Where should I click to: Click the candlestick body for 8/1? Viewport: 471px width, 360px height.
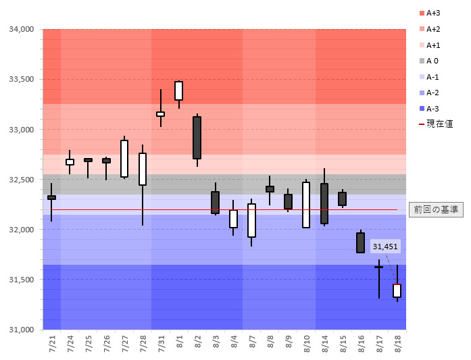click(x=178, y=91)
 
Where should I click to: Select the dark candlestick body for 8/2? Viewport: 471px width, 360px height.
click(x=197, y=138)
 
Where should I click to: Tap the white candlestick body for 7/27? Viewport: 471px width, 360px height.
click(x=124, y=159)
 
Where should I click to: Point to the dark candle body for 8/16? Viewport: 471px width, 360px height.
click(x=360, y=242)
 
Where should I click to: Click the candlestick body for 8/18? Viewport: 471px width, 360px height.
click(x=397, y=290)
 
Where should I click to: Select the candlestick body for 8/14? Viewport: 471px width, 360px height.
click(x=324, y=203)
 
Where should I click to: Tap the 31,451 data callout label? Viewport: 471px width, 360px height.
click(x=385, y=247)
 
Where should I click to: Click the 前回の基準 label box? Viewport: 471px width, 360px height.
click(x=436, y=209)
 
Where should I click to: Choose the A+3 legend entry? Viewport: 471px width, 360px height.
click(x=431, y=13)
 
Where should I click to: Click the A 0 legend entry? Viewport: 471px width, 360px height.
click(x=431, y=61)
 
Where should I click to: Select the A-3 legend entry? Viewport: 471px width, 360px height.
click(x=431, y=109)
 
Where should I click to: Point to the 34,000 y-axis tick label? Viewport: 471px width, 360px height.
click(x=22, y=30)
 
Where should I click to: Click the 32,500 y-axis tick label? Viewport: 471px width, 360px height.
click(x=22, y=180)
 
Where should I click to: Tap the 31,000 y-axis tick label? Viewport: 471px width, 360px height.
click(x=22, y=330)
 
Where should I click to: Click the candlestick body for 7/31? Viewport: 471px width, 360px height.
click(x=160, y=114)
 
